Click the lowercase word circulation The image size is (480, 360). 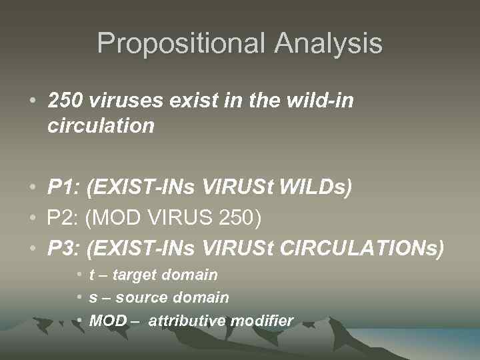(x=101, y=125)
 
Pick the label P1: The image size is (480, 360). (x=64, y=188)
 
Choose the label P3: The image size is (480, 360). (x=64, y=249)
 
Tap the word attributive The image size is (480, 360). (x=187, y=321)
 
